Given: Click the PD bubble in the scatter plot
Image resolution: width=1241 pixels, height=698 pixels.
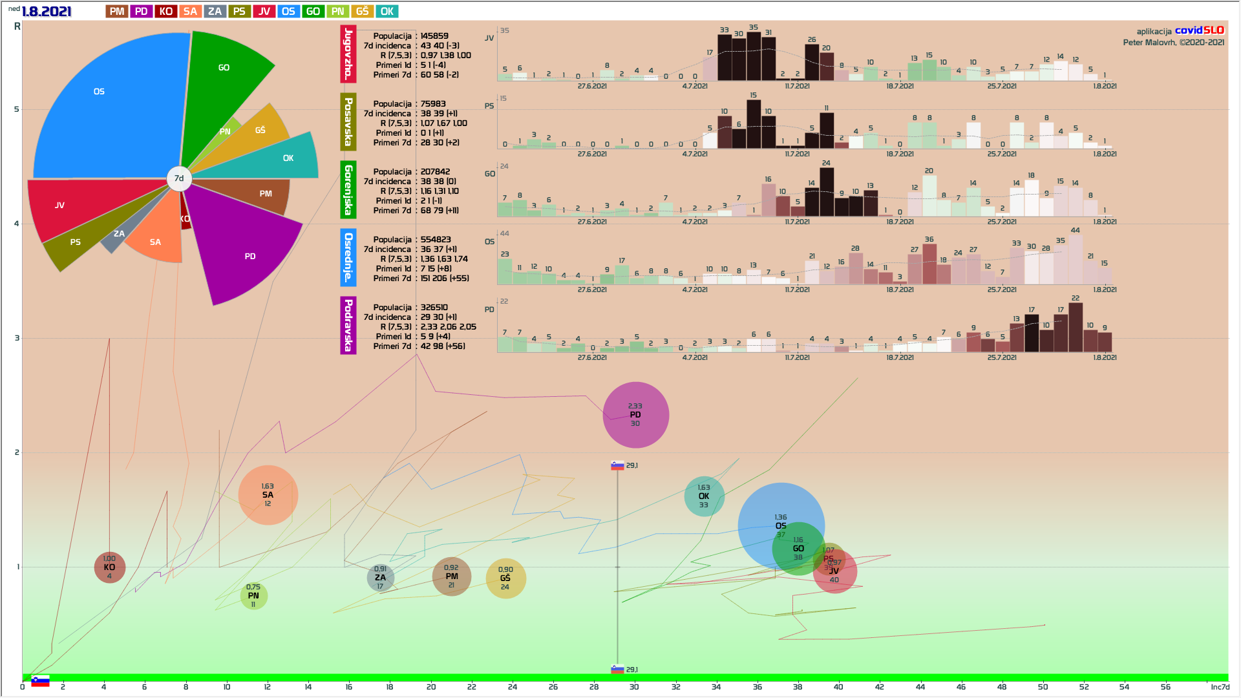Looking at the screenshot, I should coord(635,415).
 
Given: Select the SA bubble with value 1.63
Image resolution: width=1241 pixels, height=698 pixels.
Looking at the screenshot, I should coord(268,495).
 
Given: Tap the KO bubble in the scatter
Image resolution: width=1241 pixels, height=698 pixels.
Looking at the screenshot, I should coord(109,567).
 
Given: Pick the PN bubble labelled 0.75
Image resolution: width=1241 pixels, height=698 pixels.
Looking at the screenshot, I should coord(253,596).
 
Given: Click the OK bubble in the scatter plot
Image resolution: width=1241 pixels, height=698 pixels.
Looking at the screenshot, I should coord(704,496).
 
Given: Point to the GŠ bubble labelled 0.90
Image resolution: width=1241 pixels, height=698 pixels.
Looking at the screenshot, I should coord(505,578).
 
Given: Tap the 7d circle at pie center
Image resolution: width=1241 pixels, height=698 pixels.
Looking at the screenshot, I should coord(179,178).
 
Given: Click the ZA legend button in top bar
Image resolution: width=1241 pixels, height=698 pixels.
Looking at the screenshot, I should coord(215,12).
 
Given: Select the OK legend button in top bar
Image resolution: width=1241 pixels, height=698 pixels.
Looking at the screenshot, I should coord(387,12).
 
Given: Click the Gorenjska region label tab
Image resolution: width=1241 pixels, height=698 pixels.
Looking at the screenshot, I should coord(348,190).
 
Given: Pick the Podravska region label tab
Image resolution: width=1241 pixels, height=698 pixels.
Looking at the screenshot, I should coord(348,325).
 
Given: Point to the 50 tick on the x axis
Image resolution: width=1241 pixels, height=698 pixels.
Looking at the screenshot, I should coord(1043,687).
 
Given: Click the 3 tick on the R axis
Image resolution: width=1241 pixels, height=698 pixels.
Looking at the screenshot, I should coord(17,338).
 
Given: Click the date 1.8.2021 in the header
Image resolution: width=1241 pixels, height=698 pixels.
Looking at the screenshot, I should coord(46,12).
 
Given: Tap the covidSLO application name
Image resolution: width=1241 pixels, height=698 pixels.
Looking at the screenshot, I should coord(1199,30).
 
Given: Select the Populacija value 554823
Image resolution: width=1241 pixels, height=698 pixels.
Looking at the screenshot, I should coord(436,240).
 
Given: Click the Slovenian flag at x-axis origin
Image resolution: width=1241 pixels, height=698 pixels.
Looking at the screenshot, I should coord(40,681).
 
